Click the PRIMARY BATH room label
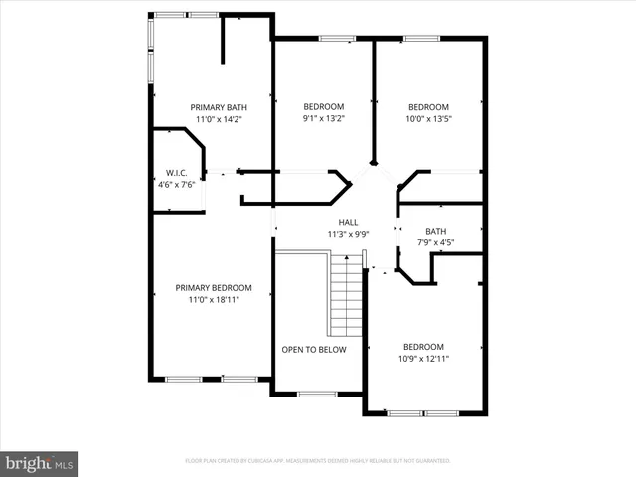(x=219, y=107)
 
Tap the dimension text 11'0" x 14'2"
(x=219, y=119)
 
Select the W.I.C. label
(x=177, y=172)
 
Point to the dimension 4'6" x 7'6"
(x=177, y=184)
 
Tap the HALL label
(x=348, y=222)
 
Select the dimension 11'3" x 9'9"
(x=348, y=234)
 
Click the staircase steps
(x=346, y=295)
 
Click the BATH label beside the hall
(x=436, y=231)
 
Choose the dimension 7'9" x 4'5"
(x=436, y=242)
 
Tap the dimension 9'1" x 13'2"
(x=323, y=119)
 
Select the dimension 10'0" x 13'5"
(x=428, y=119)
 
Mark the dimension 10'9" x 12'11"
(x=423, y=358)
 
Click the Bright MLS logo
(x=40, y=463)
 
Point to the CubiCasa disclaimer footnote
(x=318, y=461)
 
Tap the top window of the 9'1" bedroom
(x=337, y=39)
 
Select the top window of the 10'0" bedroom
(x=422, y=39)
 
